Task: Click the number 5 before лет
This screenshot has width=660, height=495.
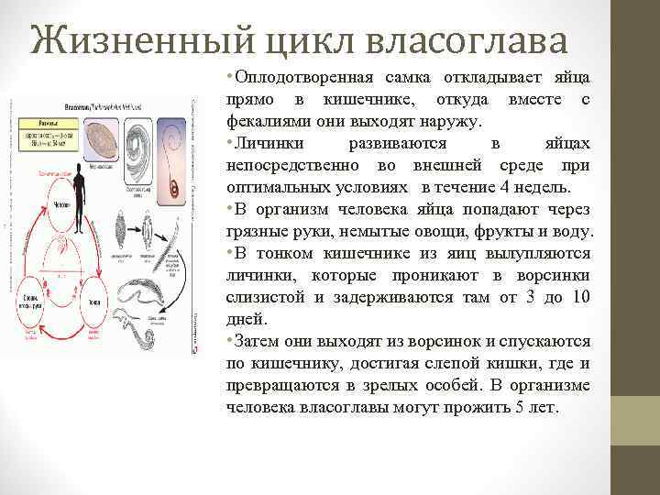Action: pyautogui.click(x=521, y=407)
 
